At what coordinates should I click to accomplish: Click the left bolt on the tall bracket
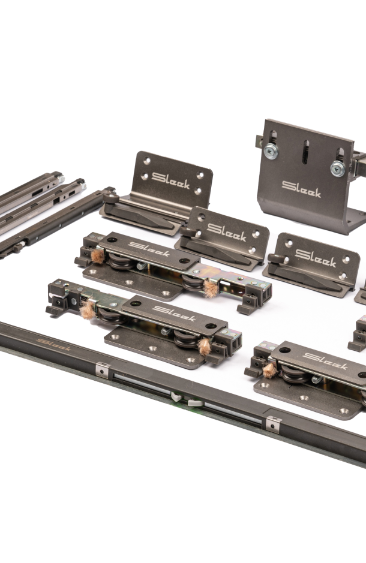point(271,151)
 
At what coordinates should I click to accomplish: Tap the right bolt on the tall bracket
point(338,168)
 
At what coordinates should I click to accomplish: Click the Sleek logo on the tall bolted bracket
point(301,189)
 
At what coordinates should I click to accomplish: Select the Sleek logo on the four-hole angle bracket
point(170,180)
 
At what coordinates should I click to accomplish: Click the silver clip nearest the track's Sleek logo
point(103,369)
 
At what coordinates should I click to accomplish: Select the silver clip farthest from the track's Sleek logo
point(273,424)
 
